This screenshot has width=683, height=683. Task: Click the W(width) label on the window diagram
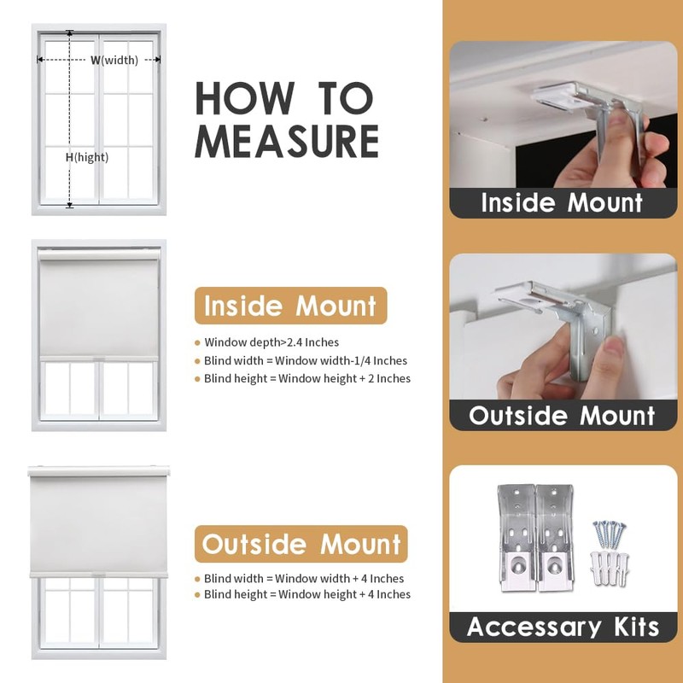pos(114,60)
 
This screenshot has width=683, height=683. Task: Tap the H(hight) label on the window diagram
pos(87,157)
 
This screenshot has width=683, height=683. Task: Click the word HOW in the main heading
pos(244,98)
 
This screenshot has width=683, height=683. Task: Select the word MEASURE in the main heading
pos(287,141)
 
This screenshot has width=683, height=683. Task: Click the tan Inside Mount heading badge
pos(290,306)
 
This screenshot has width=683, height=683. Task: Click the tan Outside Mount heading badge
pos(301,544)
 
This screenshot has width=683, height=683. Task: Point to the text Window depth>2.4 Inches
pos(271,342)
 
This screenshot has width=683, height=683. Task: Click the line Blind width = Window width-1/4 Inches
pos(306,360)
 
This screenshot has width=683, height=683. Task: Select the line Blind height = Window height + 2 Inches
pos(307,378)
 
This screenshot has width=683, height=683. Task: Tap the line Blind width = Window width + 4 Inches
pos(304,579)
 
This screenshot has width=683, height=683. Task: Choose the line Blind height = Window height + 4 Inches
pos(307,594)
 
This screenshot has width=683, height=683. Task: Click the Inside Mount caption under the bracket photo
pos(562,202)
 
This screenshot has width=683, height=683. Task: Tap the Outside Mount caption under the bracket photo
pos(562,415)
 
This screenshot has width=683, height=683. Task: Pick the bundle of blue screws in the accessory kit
pos(609,534)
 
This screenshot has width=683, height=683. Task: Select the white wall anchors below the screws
pos(610,568)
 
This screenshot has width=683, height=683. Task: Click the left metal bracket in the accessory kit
pos(517,538)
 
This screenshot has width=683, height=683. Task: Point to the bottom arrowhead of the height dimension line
pos(70,205)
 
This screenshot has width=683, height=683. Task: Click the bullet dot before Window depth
pos(197,343)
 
